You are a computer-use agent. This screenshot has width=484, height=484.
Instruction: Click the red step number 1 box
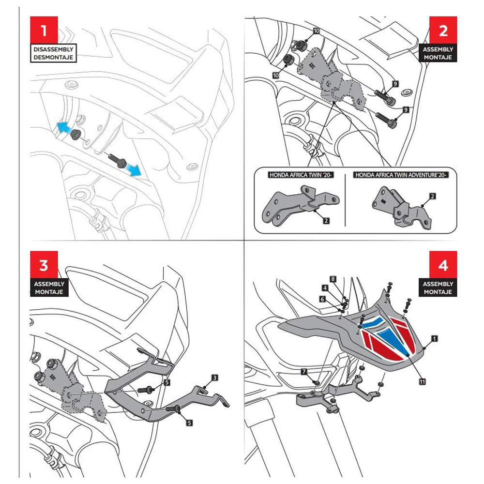[x=44, y=31]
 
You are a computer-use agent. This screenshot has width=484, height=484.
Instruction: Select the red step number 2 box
[x=443, y=31]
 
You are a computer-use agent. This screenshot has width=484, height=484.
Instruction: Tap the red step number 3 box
[x=44, y=265]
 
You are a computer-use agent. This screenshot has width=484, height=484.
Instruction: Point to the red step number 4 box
[x=443, y=265]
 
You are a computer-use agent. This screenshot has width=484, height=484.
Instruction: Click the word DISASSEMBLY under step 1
[x=53, y=49]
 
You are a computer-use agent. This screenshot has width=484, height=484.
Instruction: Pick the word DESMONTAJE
[x=53, y=58]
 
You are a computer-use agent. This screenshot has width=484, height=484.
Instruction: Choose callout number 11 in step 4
[x=422, y=382]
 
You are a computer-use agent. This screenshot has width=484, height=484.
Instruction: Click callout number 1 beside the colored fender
[x=434, y=339]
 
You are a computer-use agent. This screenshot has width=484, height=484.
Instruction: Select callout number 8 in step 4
[x=333, y=279]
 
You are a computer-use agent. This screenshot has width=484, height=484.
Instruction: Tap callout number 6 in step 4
[x=322, y=300]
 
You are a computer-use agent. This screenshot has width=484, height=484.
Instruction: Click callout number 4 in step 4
[x=325, y=287]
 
